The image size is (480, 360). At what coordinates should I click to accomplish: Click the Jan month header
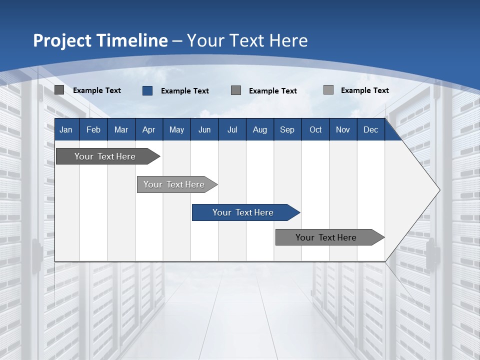tap(66, 130)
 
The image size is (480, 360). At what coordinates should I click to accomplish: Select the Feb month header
tap(93, 130)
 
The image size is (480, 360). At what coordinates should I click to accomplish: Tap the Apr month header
tap(149, 130)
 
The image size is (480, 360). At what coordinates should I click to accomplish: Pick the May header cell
tap(176, 130)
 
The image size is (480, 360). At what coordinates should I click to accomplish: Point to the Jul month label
tap(232, 130)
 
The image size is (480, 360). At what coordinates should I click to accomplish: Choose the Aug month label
tap(260, 130)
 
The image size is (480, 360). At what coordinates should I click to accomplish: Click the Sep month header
tap(287, 130)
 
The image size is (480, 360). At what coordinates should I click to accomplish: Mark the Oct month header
tap(315, 130)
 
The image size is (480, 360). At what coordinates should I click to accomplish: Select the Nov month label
tap(343, 130)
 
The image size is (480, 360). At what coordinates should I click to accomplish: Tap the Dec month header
tap(371, 130)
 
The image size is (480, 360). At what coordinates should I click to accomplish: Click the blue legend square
tap(147, 90)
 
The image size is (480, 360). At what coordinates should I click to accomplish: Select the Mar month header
tap(121, 130)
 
